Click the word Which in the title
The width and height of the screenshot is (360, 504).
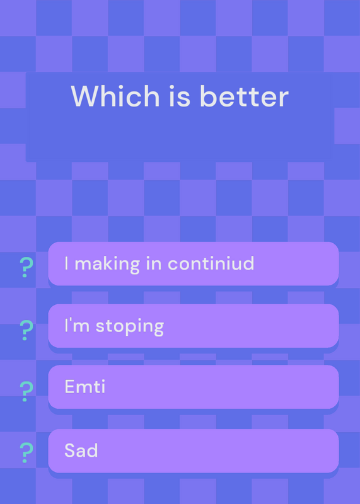click(x=115, y=96)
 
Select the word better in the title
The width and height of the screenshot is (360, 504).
click(x=244, y=96)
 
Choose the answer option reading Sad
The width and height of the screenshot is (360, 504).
click(x=194, y=450)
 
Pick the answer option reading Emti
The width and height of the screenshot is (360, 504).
click(x=194, y=387)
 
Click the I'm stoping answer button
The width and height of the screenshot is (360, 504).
click(x=194, y=326)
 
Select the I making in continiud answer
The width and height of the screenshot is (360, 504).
click(x=194, y=263)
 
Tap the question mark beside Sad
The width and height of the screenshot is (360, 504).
click(x=26, y=452)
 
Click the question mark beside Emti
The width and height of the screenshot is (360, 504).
click(x=26, y=391)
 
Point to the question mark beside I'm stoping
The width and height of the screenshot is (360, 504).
click(x=26, y=330)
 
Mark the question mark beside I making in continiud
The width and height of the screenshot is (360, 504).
click(x=26, y=267)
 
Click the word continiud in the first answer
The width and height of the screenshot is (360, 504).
click(x=211, y=263)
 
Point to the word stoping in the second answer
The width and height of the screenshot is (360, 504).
click(x=130, y=326)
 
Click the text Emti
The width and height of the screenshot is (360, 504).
click(x=85, y=386)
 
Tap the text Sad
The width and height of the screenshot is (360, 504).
click(x=81, y=450)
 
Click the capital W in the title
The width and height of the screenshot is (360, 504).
click(x=86, y=96)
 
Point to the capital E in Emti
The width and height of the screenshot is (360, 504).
click(x=69, y=386)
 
